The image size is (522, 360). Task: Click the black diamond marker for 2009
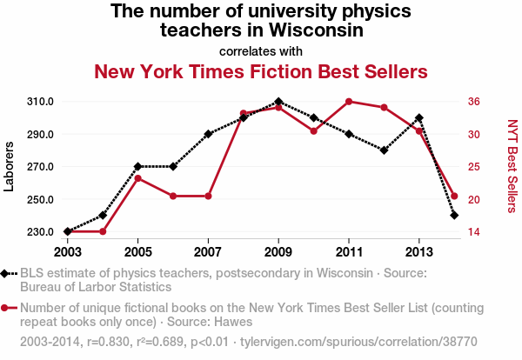coord(278,102)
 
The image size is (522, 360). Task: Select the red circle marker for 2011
coord(349,102)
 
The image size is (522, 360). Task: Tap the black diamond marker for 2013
coord(419,117)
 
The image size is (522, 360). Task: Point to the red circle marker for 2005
coord(137,178)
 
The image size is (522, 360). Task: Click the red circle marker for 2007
coord(208,196)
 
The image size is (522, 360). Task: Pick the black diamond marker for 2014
coord(454,215)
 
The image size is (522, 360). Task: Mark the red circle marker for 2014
coord(454,196)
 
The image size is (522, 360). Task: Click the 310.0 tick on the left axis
coord(40,102)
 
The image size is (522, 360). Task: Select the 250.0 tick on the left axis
coord(40,199)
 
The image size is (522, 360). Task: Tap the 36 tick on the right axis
coord(474,102)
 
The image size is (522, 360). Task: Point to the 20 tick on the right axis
coord(474,199)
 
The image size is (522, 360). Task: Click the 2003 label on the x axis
coord(67,251)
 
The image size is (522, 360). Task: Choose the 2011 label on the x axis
coord(349,251)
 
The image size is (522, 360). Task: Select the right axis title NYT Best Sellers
coord(512,165)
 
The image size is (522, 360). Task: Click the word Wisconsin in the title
coord(314,30)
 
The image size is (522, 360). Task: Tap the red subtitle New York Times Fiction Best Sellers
coord(261,70)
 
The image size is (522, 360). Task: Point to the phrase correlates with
coord(261,50)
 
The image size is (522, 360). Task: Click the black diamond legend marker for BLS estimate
coord(6,273)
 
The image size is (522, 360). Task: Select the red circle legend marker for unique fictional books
coord(6,308)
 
